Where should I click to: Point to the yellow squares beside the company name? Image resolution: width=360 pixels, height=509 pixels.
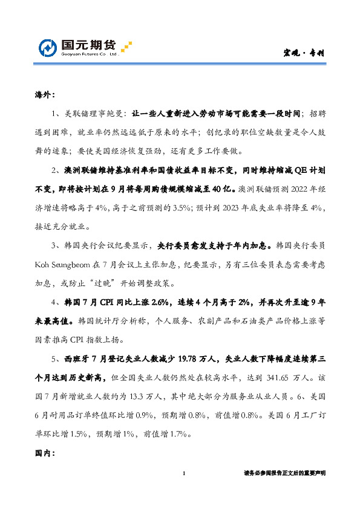[x=126, y=47]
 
